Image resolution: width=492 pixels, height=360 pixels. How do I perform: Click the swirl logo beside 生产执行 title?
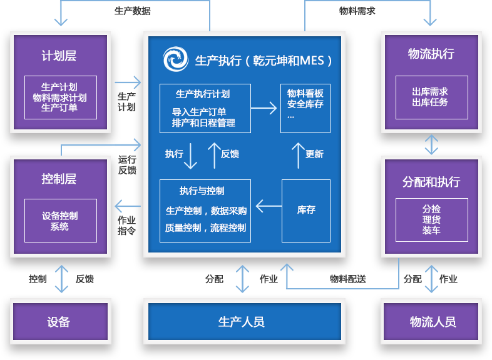[175, 60]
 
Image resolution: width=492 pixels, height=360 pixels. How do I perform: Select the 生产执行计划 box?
[205, 108]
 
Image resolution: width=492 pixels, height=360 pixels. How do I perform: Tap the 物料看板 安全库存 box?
[305, 108]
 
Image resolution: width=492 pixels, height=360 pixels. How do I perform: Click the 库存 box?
[305, 211]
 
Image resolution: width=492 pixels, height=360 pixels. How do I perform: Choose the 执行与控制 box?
[205, 211]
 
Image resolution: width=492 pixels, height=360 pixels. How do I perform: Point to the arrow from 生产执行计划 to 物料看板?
[264, 108]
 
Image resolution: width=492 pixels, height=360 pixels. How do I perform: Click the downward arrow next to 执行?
[191, 156]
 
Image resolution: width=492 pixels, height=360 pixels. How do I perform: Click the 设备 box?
[60, 322]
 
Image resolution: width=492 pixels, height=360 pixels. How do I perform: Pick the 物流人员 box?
[433, 322]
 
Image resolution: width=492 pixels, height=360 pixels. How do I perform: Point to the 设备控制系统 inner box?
[60, 221]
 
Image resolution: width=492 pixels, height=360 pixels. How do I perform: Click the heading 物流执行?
[431, 54]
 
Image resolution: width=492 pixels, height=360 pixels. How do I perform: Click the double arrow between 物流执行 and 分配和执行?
[431, 144]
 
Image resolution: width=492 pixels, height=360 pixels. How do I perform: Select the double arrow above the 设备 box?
[61, 279]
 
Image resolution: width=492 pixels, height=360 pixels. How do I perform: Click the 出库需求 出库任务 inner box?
[431, 97]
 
